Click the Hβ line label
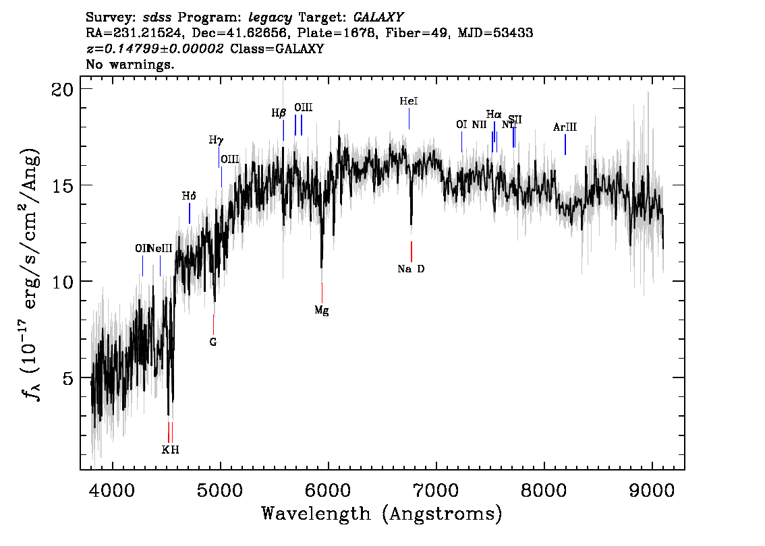point(279,113)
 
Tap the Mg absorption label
point(322,311)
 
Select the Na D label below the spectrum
point(411,269)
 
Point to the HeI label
point(409,101)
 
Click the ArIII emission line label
point(565,127)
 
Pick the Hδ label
point(189,196)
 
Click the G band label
point(213,342)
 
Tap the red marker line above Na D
point(411,251)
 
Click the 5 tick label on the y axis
point(67,377)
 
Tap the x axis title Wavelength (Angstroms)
point(382,514)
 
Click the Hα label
point(494,115)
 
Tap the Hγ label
point(216,140)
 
